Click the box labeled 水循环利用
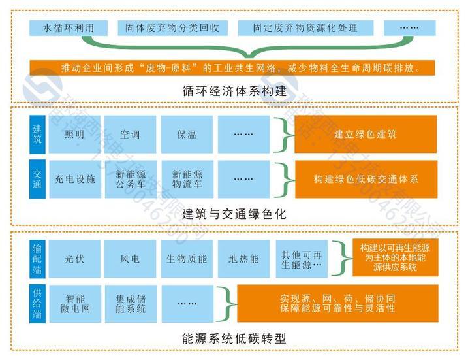tap(68, 29)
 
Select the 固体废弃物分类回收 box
tap(172, 29)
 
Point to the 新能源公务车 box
tap(131, 178)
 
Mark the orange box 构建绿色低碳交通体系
tap(365, 178)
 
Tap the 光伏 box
tap(74, 259)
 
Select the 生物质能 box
tap(187, 259)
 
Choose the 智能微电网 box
tap(74, 303)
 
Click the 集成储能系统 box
tap(131, 303)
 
